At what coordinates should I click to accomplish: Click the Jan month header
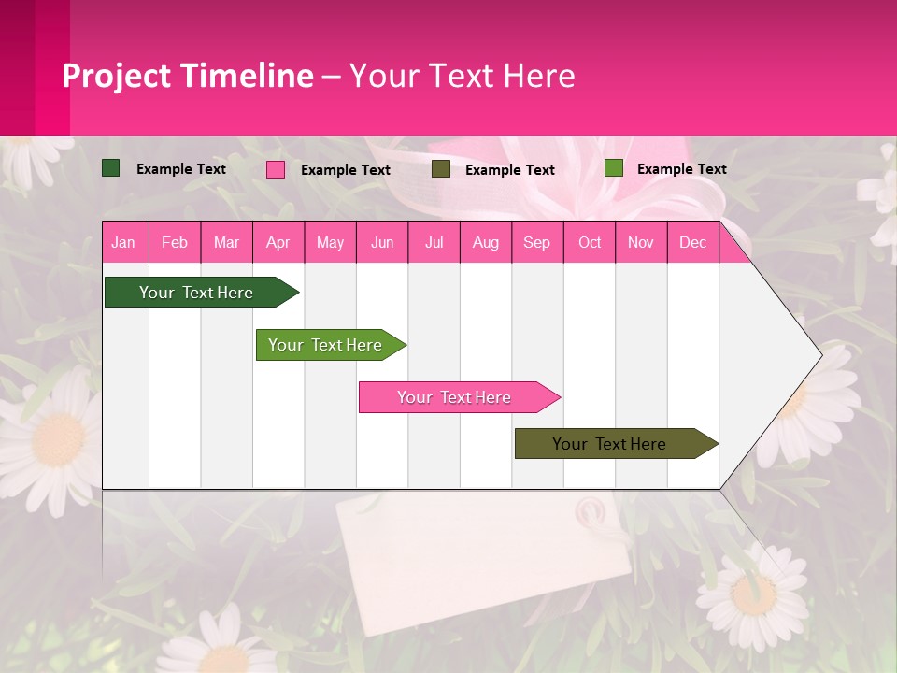[123, 242]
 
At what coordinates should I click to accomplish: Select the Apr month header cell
[278, 242]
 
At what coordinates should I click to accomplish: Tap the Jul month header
[434, 242]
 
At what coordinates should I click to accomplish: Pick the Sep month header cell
[536, 242]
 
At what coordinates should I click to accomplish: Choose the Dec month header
[692, 242]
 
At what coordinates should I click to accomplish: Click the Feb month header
[175, 242]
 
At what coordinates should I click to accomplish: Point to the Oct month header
[590, 242]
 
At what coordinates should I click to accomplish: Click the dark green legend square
[111, 168]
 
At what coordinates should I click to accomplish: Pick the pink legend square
[276, 169]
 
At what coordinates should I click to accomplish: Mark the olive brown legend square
[441, 169]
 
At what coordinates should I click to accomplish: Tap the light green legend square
[613, 168]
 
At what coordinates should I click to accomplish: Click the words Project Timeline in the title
[188, 76]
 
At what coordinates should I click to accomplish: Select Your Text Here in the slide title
[462, 76]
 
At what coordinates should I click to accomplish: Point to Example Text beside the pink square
[345, 170]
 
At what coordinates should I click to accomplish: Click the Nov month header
[641, 242]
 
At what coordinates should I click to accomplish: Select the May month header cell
[330, 242]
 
